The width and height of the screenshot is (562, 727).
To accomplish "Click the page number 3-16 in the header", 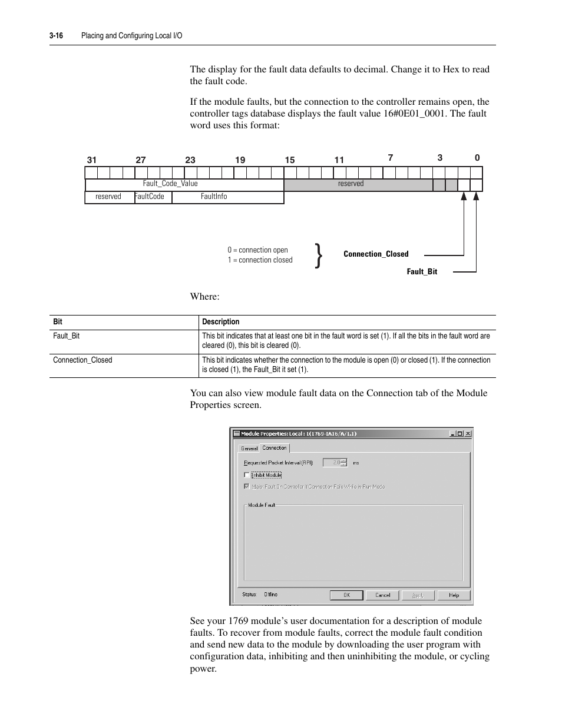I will pos(57,36).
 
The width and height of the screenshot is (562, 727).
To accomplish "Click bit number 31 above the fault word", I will pos(91,160).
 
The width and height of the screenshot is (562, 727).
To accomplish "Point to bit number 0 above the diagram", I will pos(477,158).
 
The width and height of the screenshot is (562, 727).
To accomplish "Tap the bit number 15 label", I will pos(290,160).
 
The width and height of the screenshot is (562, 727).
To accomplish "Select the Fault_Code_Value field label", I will pos(170,184).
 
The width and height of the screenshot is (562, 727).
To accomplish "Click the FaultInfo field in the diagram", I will pos(214,197).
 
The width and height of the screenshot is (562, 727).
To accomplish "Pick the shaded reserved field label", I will pos(351,184).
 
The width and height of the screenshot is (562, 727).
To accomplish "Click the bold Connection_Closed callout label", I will pos(376,254).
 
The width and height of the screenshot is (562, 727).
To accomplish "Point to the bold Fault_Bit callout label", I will pos(422,272).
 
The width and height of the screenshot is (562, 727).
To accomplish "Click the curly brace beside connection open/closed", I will pos(319,255).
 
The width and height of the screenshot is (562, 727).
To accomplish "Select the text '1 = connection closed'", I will pos(260,260).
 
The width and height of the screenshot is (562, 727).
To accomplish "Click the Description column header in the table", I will pos(221,322).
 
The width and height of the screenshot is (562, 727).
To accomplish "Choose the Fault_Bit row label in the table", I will pos(67,336).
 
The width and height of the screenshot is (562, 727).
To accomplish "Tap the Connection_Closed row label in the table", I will pos(82,360).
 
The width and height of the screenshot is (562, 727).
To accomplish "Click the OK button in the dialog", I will pos(347,595).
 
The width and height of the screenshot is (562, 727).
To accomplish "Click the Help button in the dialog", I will pos(454,595).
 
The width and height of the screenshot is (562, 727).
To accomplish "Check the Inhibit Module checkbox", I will pos(247,475).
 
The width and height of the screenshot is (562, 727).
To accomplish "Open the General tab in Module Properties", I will pos(249,449).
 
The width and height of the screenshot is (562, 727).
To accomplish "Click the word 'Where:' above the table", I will pos(204,297).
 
